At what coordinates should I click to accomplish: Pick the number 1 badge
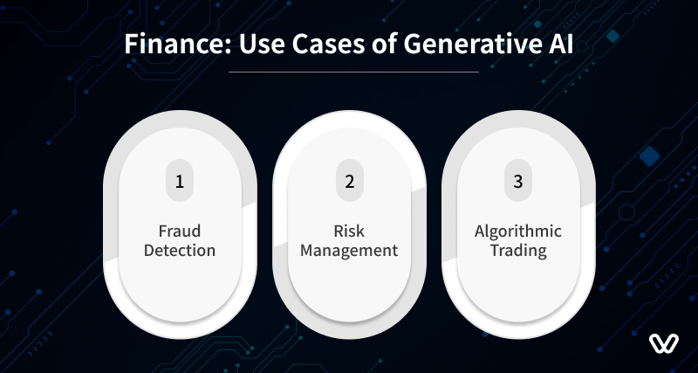click(x=180, y=181)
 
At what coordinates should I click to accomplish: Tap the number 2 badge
click(x=350, y=181)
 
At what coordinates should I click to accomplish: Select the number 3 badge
click(x=518, y=181)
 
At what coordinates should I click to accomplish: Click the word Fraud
click(x=180, y=231)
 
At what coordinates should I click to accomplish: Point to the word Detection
click(x=180, y=250)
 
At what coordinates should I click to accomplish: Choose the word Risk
click(x=350, y=231)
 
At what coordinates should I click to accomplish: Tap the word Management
click(x=349, y=251)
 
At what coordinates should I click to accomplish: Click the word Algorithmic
click(x=518, y=231)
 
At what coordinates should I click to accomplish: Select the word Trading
click(x=518, y=251)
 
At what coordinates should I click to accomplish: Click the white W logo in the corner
click(x=664, y=343)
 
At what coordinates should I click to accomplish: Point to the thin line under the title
click(x=354, y=72)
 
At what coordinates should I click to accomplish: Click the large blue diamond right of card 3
click(x=649, y=156)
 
